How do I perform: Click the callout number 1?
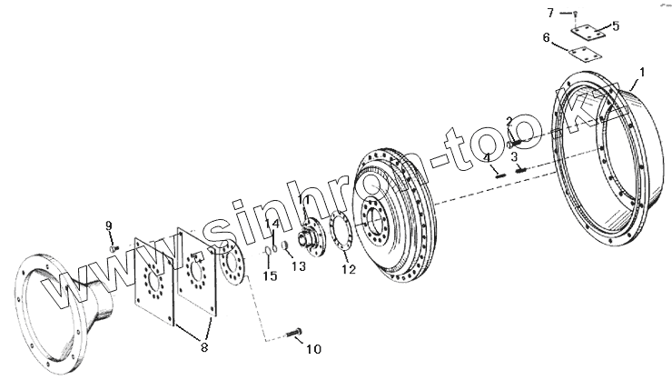coord(642,71)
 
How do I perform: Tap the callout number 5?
coord(616,26)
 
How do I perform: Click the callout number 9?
coord(108,225)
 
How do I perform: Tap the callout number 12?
coord(348,269)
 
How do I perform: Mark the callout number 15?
coord(269,275)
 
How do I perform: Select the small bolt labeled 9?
coord(114,247)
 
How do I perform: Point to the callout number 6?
coord(546,38)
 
